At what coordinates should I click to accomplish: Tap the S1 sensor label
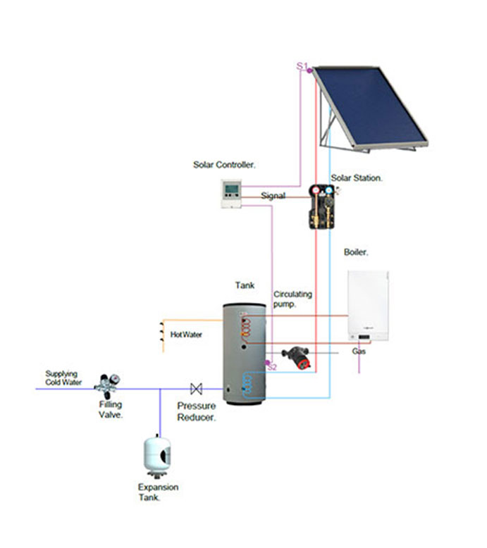pyautogui.click(x=302, y=66)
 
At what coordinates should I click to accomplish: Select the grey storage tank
pyautogui.click(x=244, y=352)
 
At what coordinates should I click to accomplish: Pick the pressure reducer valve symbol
pyautogui.click(x=196, y=388)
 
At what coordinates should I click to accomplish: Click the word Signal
pyautogui.click(x=273, y=196)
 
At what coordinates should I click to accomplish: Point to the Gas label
pyautogui.click(x=359, y=351)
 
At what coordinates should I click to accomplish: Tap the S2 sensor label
pyautogui.click(x=272, y=367)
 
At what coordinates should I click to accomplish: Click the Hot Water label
pyautogui.click(x=186, y=335)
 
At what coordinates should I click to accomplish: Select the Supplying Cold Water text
pyautogui.click(x=63, y=378)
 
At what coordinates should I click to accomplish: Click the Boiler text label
pyautogui.click(x=356, y=252)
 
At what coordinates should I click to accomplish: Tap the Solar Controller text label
pyautogui.click(x=224, y=166)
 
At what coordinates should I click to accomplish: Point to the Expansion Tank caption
pyautogui.click(x=158, y=492)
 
